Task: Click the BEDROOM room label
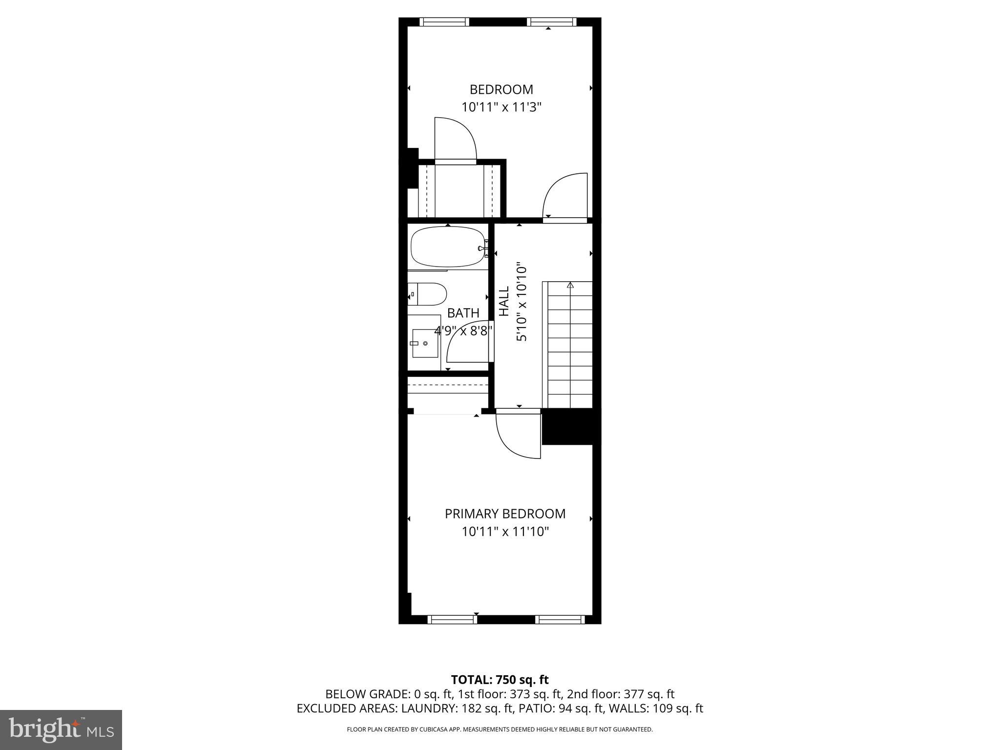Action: (501, 89)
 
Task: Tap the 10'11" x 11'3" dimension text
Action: (501, 107)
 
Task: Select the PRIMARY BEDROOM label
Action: (505, 514)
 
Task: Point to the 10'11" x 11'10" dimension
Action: (505, 531)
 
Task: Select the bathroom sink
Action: (425, 343)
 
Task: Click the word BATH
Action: (463, 313)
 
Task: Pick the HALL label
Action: (503, 301)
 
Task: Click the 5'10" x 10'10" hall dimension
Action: (522, 303)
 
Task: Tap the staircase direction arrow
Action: (570, 285)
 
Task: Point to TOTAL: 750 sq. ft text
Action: (500, 680)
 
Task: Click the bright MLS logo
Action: (61, 729)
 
